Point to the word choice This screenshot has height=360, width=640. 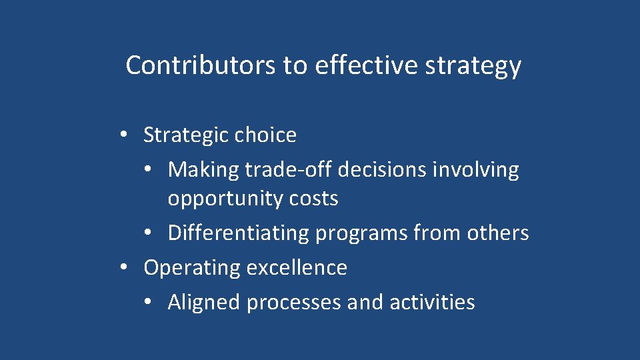pyautogui.click(x=265, y=135)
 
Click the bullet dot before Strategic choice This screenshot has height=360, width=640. pyautogui.click(x=124, y=135)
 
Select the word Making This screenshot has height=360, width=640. pyautogui.click(x=203, y=170)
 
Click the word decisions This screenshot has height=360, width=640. pyautogui.click(x=382, y=170)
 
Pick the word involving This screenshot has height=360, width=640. pyautogui.click(x=475, y=170)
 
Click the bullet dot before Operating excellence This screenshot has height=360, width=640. pyautogui.click(x=124, y=267)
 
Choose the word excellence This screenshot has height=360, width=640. pyautogui.click(x=297, y=267)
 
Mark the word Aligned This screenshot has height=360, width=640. pyautogui.click(x=204, y=303)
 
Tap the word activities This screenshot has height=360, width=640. pyautogui.click(x=432, y=303)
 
